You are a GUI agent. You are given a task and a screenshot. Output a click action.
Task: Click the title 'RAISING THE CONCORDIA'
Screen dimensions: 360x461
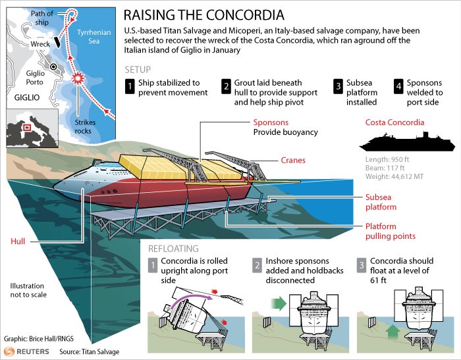point(204,14)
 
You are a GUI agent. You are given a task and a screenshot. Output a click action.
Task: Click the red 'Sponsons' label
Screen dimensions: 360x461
point(270,122)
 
